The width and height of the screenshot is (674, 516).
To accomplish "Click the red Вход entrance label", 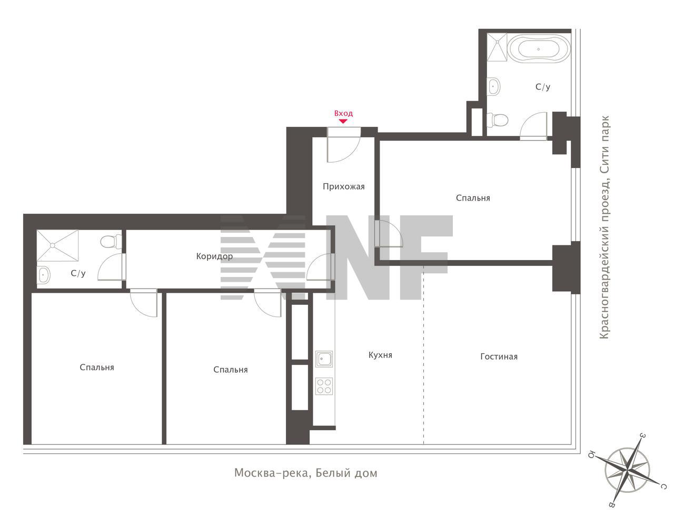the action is [x=343, y=114].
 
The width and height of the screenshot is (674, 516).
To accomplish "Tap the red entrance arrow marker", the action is [x=343, y=121].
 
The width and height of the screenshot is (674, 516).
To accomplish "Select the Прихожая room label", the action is [x=344, y=187].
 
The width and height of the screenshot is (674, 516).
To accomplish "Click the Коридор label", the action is [x=214, y=257].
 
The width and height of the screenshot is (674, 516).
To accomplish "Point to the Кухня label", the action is [x=380, y=355].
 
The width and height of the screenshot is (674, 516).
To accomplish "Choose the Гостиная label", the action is [x=499, y=357].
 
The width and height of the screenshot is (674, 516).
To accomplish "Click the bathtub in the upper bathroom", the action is [x=539, y=49].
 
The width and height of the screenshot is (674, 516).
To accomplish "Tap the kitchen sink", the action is [x=324, y=359].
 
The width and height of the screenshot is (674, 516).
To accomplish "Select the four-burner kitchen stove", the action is [x=324, y=386].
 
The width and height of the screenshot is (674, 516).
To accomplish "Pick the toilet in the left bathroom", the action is [x=111, y=241].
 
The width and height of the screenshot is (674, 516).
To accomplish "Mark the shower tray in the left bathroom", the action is [x=58, y=245].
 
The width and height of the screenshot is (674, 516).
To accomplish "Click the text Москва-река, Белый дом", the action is [x=306, y=473].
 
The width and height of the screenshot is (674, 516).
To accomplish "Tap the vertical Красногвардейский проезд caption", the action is [x=604, y=227].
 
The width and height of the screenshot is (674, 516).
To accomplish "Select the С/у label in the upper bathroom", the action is [x=543, y=87].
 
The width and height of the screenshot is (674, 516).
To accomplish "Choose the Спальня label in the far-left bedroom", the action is [x=97, y=368].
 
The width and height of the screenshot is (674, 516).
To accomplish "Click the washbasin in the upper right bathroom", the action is [x=494, y=86].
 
